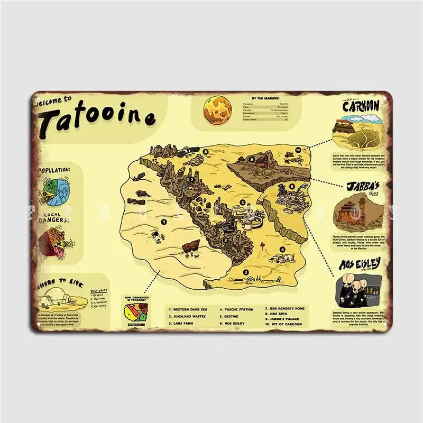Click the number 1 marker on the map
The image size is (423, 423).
pyautogui.click(x=164, y=222)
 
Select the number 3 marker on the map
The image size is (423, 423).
pyautogui.click(x=245, y=273)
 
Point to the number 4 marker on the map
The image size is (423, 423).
pyautogui.click(x=282, y=250)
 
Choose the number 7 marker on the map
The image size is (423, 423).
pyautogui.click(x=192, y=179)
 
